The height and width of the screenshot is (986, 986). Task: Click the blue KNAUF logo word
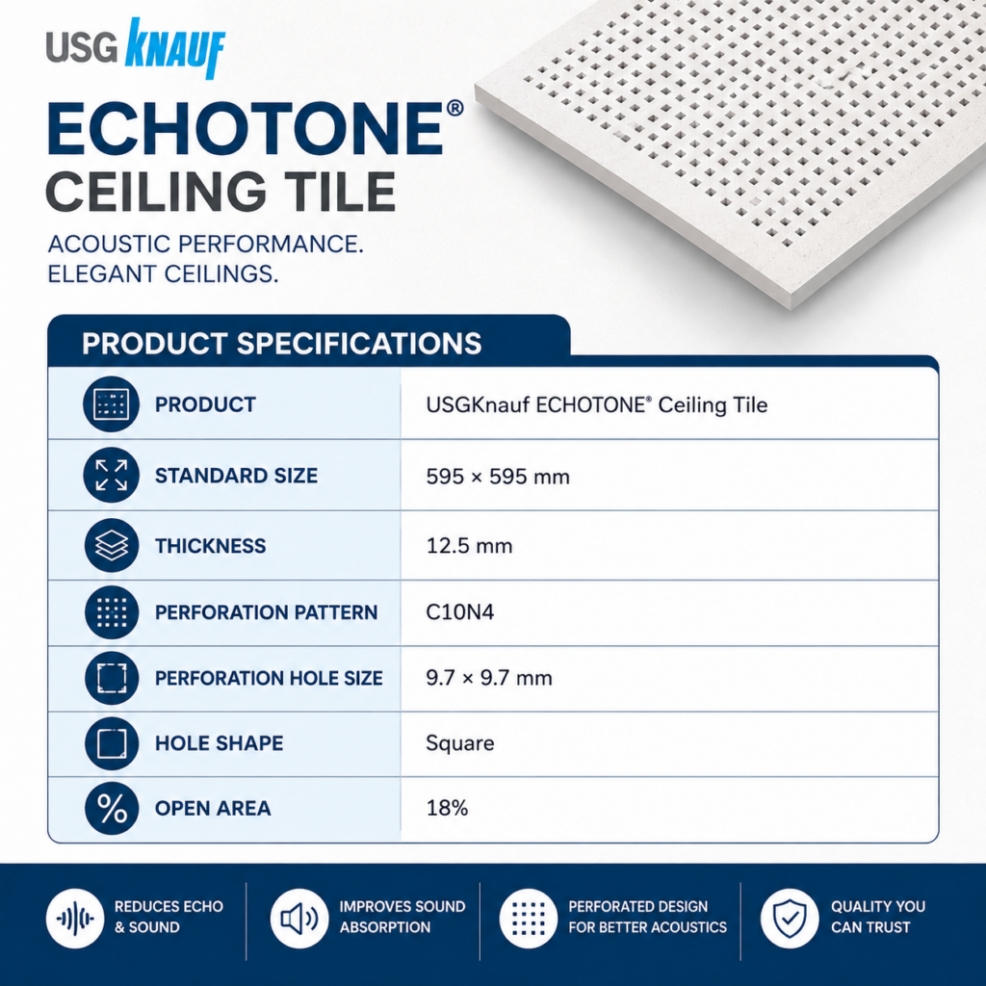pyautogui.click(x=175, y=49)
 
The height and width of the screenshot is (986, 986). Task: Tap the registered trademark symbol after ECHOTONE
pyautogui.click(x=454, y=108)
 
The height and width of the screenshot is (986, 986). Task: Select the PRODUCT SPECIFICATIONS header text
pyautogui.click(x=282, y=344)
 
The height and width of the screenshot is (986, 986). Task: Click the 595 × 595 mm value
pyautogui.click(x=498, y=477)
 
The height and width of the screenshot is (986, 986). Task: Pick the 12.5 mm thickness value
pyautogui.click(x=469, y=546)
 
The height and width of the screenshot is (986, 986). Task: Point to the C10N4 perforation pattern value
pyautogui.click(x=459, y=611)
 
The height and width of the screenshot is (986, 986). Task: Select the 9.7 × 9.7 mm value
pyautogui.click(x=488, y=678)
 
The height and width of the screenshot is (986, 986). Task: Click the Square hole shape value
pyautogui.click(x=459, y=744)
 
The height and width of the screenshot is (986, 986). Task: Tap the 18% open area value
pyautogui.click(x=447, y=808)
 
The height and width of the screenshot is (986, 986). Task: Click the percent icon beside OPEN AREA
pyautogui.click(x=112, y=808)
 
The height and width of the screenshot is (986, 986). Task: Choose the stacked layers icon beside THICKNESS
pyautogui.click(x=112, y=545)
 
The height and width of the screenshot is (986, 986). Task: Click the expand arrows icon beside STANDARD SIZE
pyautogui.click(x=112, y=475)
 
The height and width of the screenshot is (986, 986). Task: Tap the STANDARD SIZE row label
pyautogui.click(x=236, y=476)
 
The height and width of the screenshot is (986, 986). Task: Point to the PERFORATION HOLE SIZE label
pyautogui.click(x=269, y=678)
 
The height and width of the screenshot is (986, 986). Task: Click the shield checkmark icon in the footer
pyautogui.click(x=790, y=918)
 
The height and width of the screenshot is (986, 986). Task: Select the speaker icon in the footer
pyautogui.click(x=299, y=918)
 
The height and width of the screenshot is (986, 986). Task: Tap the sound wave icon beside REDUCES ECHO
pyautogui.click(x=75, y=918)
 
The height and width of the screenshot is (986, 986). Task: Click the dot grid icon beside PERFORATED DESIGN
pyautogui.click(x=529, y=918)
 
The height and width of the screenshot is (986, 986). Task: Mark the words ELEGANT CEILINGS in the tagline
pyautogui.click(x=163, y=274)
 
